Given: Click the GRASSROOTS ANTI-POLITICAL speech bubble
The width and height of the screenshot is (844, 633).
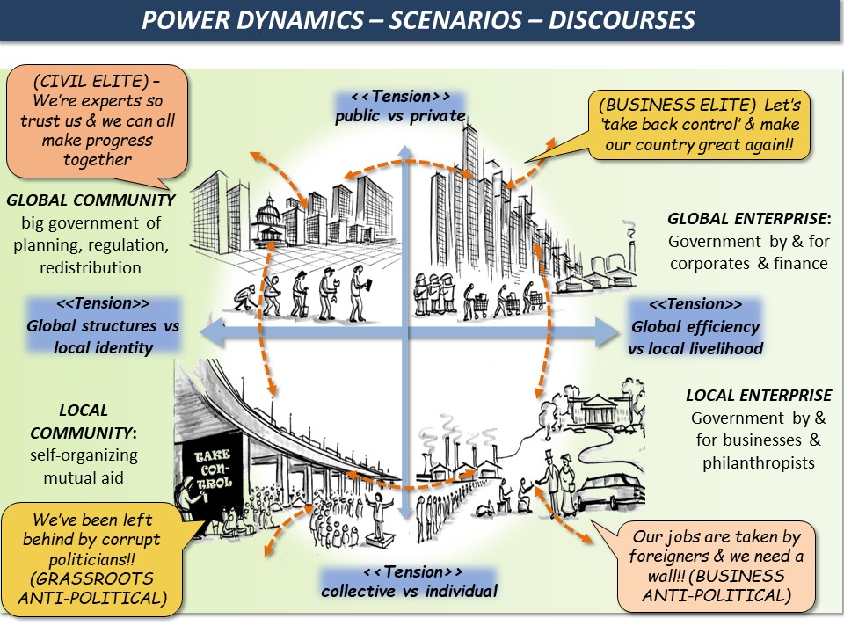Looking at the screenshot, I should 92,557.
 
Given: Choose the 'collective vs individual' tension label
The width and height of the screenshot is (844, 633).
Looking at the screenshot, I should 409,581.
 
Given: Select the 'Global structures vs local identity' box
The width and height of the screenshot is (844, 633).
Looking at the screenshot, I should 103,325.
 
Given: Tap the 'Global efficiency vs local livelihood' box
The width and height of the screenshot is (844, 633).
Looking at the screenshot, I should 695,326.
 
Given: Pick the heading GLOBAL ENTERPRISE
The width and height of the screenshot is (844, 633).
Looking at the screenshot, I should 749,218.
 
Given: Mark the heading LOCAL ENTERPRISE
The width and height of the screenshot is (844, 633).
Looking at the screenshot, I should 759,396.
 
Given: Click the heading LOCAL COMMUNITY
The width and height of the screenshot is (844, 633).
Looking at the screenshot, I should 83,421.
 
